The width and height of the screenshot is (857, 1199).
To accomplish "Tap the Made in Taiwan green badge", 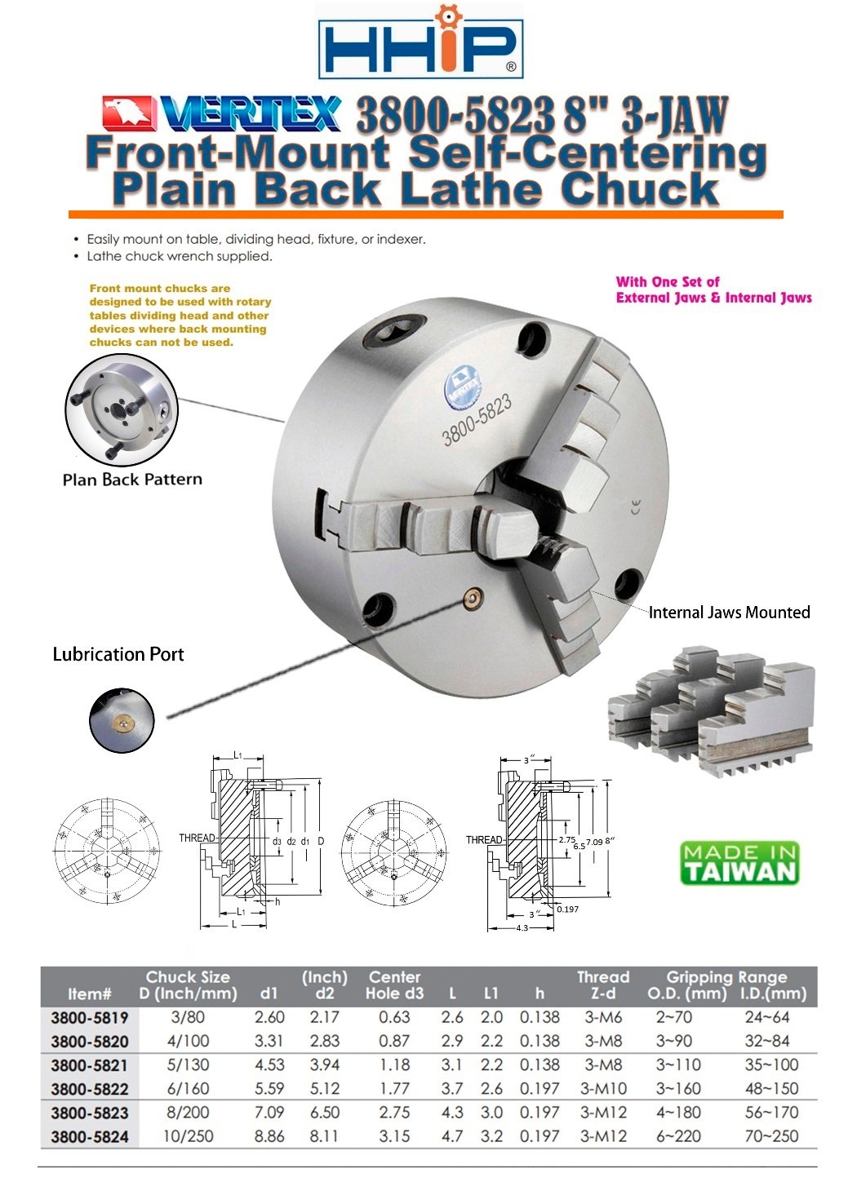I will tap(739, 863).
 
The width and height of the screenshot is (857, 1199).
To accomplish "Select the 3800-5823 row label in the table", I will tap(90, 1113).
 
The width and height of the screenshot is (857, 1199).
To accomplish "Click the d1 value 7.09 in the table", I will tap(269, 1112).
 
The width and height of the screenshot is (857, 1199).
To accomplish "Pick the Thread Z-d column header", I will tap(603, 984).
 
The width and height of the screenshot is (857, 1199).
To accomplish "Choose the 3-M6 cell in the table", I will tap(603, 1017).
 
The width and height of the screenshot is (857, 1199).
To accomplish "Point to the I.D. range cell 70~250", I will tap(771, 1135).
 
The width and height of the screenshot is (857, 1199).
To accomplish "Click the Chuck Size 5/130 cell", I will tap(188, 1064).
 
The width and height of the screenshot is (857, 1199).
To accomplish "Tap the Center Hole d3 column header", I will tap(395, 984).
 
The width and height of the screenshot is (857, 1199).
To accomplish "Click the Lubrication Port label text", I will tap(118, 654).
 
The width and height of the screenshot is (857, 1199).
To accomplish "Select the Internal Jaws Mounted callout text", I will tap(729, 613).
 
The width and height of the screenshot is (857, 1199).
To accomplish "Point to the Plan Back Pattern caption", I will tap(132, 480).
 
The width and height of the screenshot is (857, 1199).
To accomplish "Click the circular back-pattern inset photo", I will tap(122, 409).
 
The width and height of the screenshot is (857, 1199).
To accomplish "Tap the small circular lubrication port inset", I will tap(122, 720).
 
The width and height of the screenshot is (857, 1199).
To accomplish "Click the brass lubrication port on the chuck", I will tap(472, 600).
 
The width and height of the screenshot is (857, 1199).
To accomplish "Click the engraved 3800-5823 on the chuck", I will tap(477, 419).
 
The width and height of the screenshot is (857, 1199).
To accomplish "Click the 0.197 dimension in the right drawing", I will tap(567, 909).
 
